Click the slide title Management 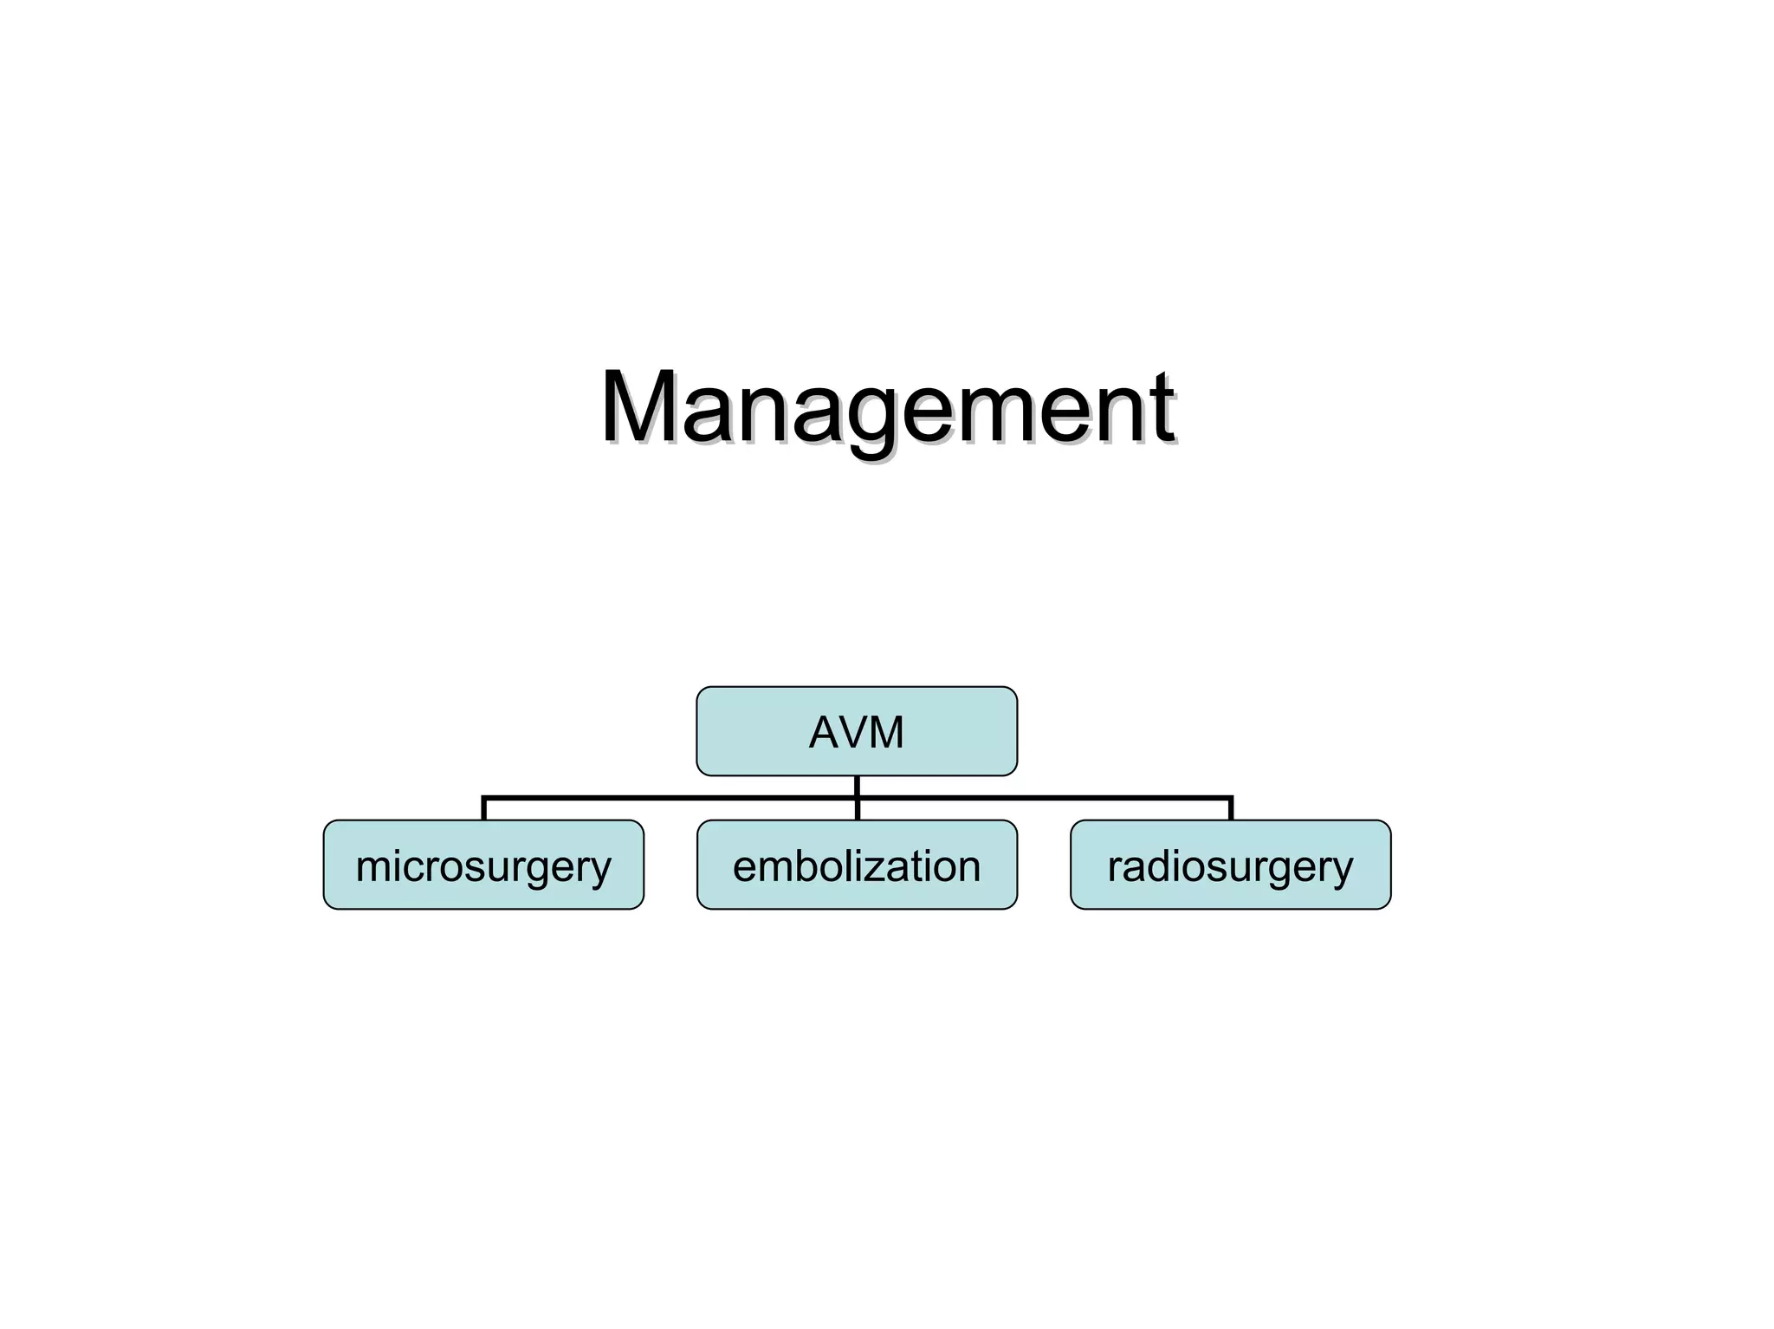[x=887, y=407]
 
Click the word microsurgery [x=483, y=866]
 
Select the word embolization [x=856, y=866]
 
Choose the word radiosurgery [x=1230, y=866]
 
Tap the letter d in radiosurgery [x=1168, y=865]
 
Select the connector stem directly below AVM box [x=857, y=785]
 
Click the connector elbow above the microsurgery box [x=484, y=797]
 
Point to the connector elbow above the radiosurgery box [x=1230, y=797]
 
